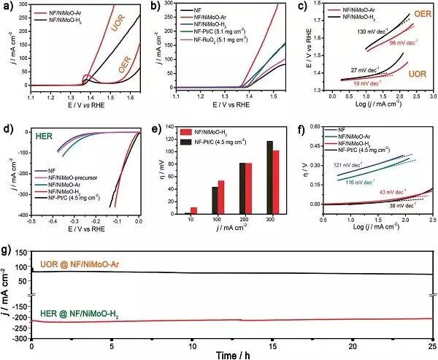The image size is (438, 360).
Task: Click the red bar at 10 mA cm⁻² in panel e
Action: coord(193,210)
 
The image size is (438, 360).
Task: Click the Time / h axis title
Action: coord(230,353)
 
